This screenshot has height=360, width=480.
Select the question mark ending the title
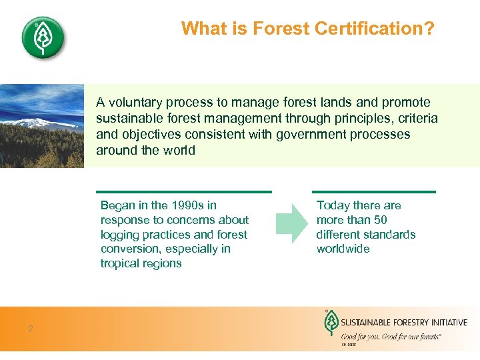[430, 29]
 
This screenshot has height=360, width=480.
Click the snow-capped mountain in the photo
[27, 123]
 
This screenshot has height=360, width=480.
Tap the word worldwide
[343, 249]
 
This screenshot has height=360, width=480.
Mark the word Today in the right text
[333, 205]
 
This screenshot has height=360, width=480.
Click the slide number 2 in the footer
[31, 328]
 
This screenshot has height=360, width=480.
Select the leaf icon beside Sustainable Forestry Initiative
[329, 324]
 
